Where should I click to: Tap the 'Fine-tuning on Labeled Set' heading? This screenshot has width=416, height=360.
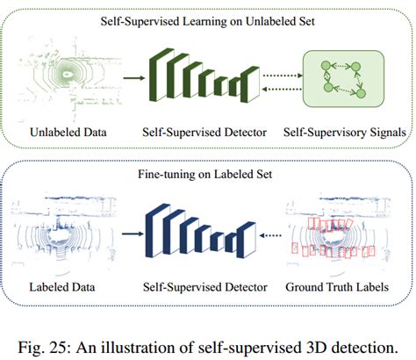(x=207, y=175)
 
